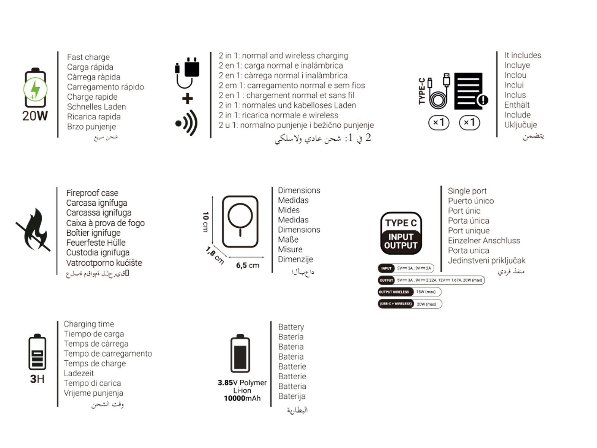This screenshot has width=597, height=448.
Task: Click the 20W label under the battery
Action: click(35, 116)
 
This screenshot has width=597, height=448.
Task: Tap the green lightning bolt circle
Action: click(35, 90)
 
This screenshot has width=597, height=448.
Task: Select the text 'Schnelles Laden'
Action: click(96, 107)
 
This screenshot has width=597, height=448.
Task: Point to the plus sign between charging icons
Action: click(187, 99)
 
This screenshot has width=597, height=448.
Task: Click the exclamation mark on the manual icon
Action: click(483, 100)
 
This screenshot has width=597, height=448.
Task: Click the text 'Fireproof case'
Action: click(92, 193)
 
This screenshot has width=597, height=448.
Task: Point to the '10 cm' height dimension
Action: click(206, 222)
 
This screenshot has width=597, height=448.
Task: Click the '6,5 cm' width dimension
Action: click(247, 265)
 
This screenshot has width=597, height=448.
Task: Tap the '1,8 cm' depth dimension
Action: click(215, 255)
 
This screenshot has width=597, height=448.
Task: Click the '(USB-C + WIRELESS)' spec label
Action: click(396, 304)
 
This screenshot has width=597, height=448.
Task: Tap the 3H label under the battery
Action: click(37, 379)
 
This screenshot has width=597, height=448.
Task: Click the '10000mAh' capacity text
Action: click(242, 398)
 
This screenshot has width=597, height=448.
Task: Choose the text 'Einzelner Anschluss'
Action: click(484, 241)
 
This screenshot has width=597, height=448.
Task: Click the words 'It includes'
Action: click(522, 55)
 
